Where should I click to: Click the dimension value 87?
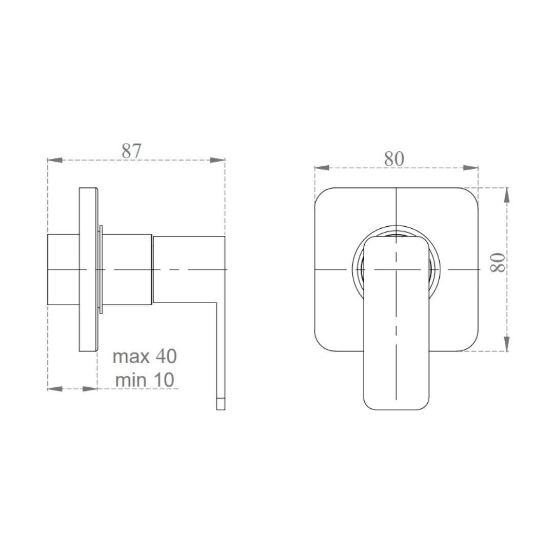[131, 151]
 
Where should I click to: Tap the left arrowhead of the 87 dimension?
[54, 160]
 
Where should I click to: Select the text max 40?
[145, 356]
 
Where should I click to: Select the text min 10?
[145, 380]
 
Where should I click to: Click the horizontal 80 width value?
[394, 159]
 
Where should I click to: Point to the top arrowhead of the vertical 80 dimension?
[507, 195]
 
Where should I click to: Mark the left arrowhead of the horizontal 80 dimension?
[321, 168]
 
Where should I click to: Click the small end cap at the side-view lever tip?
[221, 404]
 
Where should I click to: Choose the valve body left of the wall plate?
[63, 270]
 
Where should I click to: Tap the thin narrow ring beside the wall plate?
[101, 270]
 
